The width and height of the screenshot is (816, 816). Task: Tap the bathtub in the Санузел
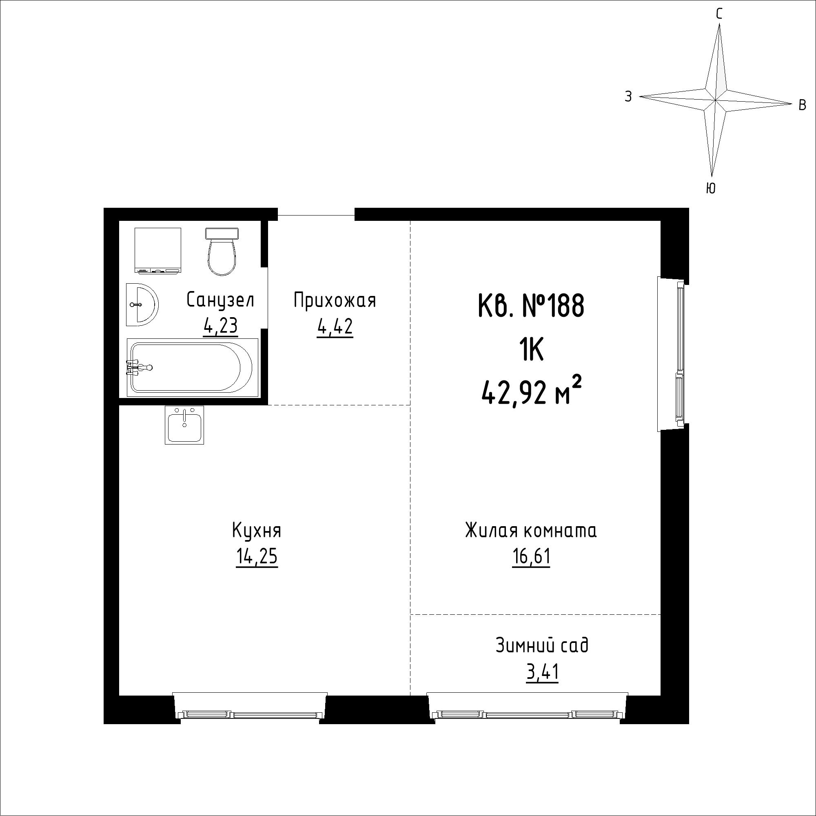[x=192, y=367]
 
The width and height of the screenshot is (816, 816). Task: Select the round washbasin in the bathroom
[x=142, y=304]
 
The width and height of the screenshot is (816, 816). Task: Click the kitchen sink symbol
[x=184, y=425]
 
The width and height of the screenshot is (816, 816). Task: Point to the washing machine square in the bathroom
[x=157, y=250]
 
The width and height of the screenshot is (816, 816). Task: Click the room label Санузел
[x=220, y=300]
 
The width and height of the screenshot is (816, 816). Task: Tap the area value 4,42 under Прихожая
[x=335, y=327]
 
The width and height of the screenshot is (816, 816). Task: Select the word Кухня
[x=256, y=530]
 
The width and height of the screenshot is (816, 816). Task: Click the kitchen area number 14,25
[x=257, y=557]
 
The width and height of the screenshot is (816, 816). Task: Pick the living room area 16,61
[x=531, y=557]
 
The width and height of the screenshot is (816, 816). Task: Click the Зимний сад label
[x=542, y=645]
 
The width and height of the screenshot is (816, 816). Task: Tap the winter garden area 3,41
[x=542, y=672]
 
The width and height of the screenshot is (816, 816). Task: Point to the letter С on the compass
[x=719, y=14]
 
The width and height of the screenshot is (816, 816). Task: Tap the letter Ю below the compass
[x=711, y=188]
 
